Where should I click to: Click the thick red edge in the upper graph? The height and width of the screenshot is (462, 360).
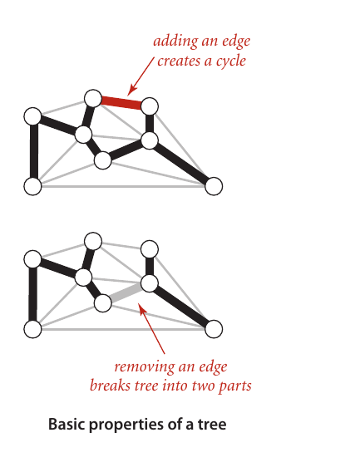point(121,102)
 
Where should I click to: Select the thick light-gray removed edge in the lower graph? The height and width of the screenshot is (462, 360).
point(126,293)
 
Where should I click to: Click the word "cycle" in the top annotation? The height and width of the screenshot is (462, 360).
point(230,61)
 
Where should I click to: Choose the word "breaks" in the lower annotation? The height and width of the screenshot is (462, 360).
point(110,386)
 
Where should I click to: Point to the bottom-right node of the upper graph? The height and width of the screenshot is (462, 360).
point(214,186)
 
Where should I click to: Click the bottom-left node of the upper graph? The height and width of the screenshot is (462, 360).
point(32,186)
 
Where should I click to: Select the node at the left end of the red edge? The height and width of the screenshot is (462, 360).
point(93,98)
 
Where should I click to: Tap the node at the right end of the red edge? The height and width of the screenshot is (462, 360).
point(150,106)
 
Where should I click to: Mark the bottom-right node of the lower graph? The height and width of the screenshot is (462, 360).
point(214,329)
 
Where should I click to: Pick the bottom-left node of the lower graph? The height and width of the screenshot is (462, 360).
point(32,329)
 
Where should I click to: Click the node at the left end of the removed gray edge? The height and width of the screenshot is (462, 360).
point(102,303)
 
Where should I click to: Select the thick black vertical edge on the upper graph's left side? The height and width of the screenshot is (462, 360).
point(34,151)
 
